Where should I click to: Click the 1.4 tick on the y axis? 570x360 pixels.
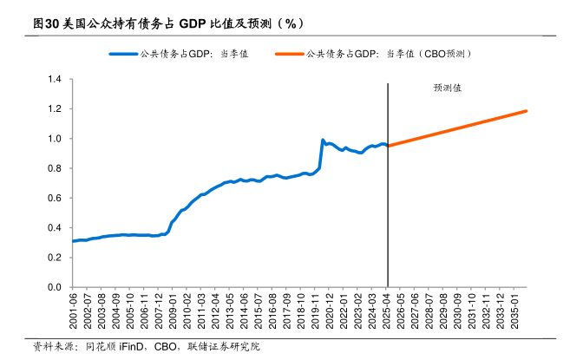click(54, 80)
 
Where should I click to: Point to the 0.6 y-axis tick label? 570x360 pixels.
click(54, 198)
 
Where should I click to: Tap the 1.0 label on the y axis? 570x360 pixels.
click(54, 139)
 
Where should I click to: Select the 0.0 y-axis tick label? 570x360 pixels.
click(54, 287)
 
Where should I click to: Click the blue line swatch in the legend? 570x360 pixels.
click(121, 54)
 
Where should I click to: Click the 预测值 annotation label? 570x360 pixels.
click(448, 88)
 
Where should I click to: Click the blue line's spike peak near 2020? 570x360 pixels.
click(323, 140)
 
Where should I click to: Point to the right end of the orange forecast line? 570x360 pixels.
click(527, 111)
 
